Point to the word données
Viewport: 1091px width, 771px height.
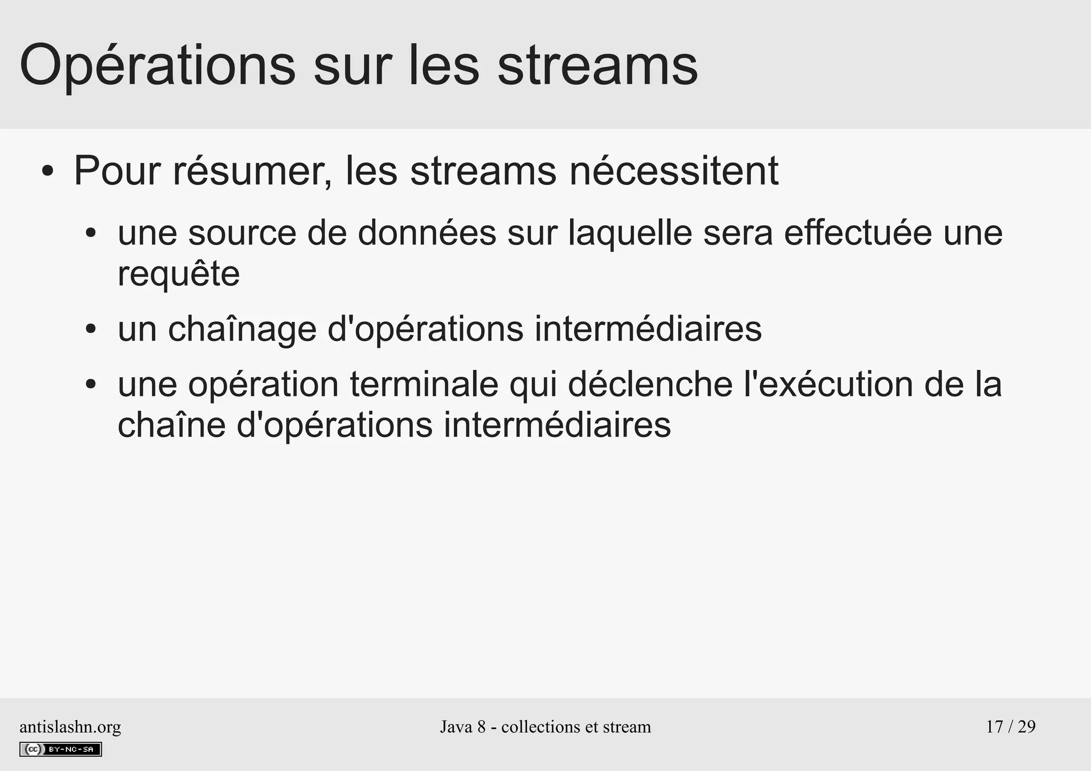[x=427, y=233]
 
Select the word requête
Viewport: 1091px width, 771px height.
[x=178, y=274]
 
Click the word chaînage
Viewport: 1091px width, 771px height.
[x=242, y=329]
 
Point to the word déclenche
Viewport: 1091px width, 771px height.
[x=650, y=384]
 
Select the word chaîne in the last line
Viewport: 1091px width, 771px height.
[x=172, y=425]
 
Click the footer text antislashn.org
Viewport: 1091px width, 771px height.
[x=70, y=727]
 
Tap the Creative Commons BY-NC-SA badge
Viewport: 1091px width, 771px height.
[x=60, y=749]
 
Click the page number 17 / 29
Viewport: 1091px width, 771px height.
[x=1011, y=727]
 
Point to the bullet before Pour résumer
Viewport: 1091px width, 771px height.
[x=47, y=172]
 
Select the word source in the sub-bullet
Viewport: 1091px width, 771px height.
[x=242, y=233]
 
